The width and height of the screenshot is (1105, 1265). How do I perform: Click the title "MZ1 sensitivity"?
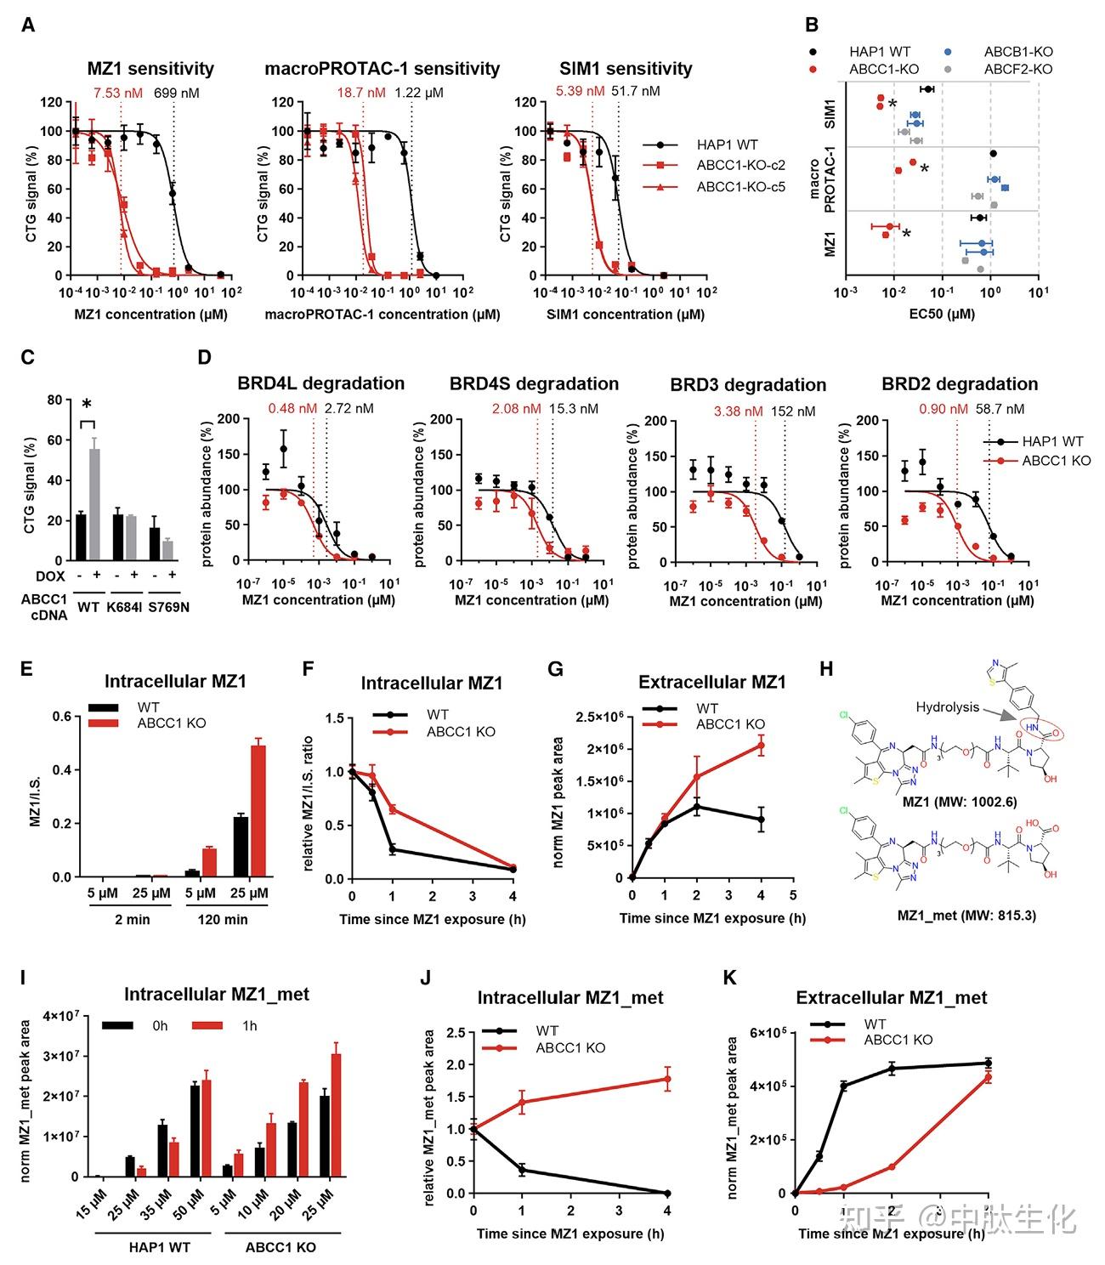click(x=150, y=69)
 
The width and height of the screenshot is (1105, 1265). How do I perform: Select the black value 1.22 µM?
click(x=419, y=92)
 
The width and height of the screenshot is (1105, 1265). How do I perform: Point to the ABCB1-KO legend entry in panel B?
click(x=1017, y=52)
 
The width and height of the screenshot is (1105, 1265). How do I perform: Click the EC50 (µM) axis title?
click(x=942, y=314)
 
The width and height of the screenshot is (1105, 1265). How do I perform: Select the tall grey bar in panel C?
click(x=94, y=504)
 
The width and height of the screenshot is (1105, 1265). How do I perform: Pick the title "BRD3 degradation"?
click(x=748, y=385)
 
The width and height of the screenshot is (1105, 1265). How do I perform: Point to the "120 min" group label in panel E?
click(x=223, y=919)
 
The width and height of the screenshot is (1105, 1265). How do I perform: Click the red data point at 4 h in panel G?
click(x=761, y=746)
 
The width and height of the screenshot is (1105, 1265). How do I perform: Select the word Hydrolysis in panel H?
click(x=947, y=706)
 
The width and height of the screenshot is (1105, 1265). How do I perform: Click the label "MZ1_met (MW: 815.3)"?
click(x=966, y=916)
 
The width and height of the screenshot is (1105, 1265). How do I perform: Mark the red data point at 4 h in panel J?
click(x=667, y=1080)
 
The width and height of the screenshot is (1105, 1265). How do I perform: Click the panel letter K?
click(x=729, y=978)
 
